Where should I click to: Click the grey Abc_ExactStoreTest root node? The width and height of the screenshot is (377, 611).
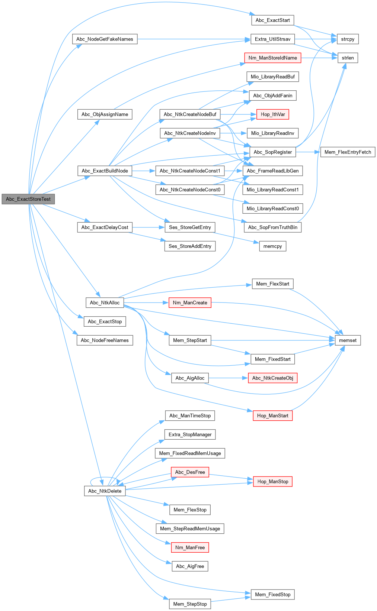(x=28, y=199)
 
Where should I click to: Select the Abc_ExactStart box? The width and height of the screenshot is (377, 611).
(x=272, y=20)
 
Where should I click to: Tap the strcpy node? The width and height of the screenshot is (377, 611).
(x=348, y=39)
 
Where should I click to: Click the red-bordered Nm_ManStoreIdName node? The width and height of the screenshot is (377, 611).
(x=272, y=58)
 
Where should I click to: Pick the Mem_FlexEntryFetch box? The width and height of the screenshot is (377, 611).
(x=348, y=152)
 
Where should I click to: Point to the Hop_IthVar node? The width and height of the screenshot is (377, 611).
(x=272, y=114)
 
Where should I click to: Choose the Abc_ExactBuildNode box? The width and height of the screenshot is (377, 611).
(x=105, y=171)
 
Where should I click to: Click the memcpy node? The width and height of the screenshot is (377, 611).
(x=272, y=246)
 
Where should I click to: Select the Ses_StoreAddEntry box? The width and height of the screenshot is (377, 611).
(x=190, y=246)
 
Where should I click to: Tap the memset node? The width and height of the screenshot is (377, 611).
(x=348, y=340)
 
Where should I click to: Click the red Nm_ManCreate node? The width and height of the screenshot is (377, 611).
(x=190, y=303)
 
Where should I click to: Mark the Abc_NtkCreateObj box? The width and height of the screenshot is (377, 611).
(x=272, y=378)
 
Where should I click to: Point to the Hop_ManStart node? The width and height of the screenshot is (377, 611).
(x=272, y=416)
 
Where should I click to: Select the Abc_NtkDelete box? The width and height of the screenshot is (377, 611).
(x=105, y=491)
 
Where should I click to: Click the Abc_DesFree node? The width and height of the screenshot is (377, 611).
(x=190, y=472)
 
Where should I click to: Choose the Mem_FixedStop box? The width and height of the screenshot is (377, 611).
(x=272, y=595)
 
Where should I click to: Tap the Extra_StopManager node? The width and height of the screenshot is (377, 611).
(x=190, y=434)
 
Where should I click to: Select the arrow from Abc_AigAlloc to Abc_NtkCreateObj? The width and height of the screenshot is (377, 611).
(x=228, y=378)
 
